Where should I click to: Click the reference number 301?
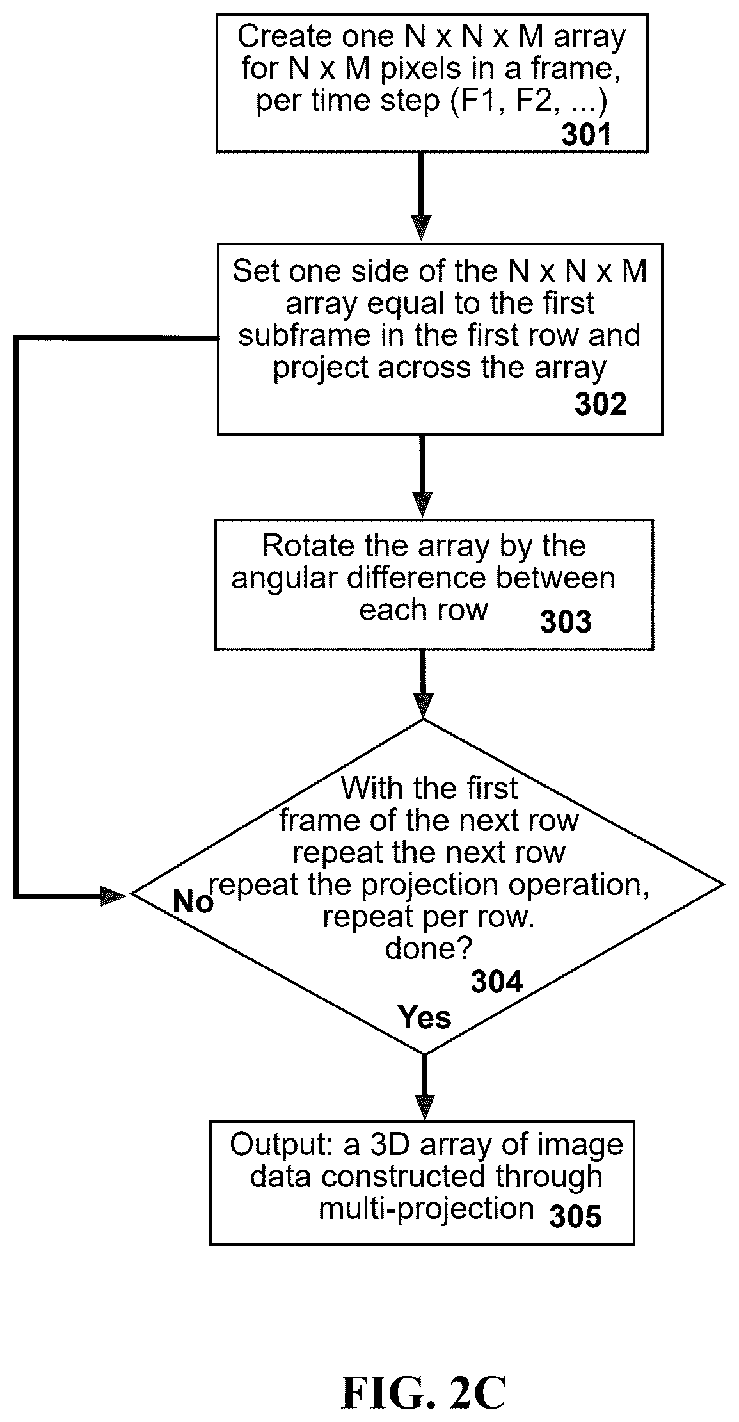click(x=587, y=134)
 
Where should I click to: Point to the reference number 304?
click(x=497, y=982)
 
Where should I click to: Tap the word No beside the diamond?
click(x=193, y=902)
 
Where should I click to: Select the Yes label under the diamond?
click(x=424, y=1017)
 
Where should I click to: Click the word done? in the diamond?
click(x=428, y=948)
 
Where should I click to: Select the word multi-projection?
click(x=427, y=1209)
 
